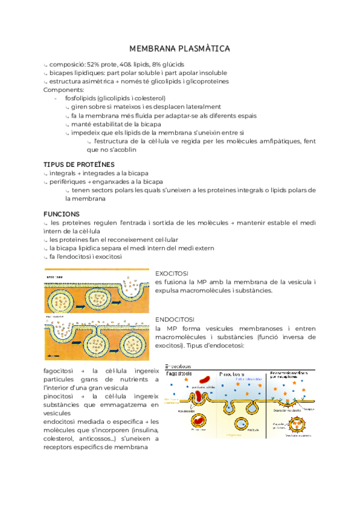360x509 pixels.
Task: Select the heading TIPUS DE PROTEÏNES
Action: point(79,164)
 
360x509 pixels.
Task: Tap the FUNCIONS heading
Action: point(62,214)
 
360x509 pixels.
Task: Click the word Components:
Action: point(63,89)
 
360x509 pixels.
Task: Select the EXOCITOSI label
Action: point(172,273)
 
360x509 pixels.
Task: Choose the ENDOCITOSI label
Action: point(175,320)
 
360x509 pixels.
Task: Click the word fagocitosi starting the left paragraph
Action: point(59,371)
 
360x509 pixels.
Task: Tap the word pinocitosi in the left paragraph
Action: point(59,397)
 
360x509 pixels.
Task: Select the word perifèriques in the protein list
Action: point(67,181)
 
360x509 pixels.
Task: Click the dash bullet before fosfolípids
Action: point(55,98)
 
